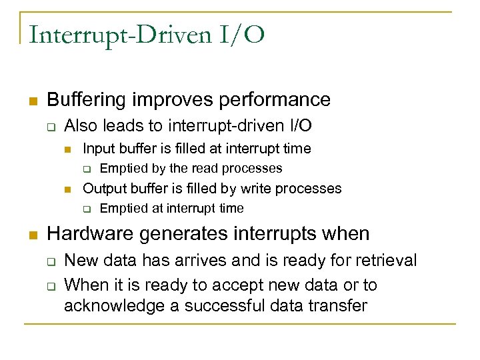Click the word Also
tap(81, 126)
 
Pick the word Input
tap(97, 149)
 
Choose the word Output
tap(102, 189)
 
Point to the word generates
tap(175, 234)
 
